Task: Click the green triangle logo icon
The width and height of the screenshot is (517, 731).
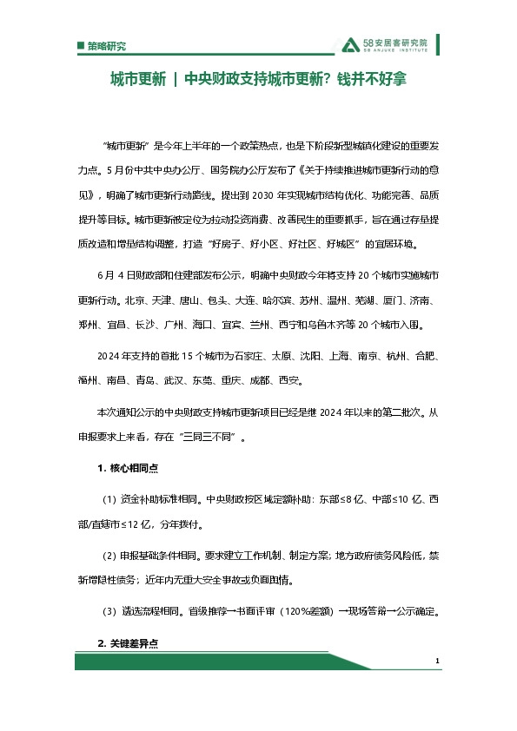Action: pyautogui.click(x=350, y=45)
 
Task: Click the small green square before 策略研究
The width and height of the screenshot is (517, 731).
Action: pyautogui.click(x=80, y=46)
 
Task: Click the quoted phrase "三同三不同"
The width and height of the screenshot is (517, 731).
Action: pyautogui.click(x=207, y=438)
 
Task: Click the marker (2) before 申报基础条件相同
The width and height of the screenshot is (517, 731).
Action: pyautogui.click(x=109, y=556)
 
